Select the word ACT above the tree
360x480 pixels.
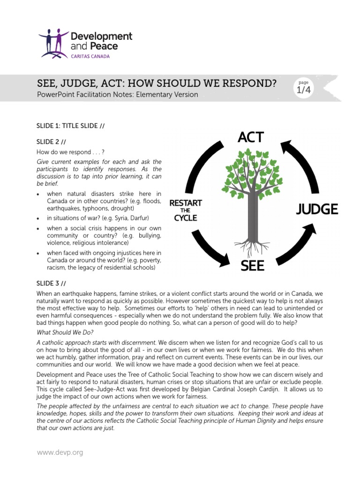point(250,137)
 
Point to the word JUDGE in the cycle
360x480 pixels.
point(316,209)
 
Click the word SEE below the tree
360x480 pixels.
point(252,266)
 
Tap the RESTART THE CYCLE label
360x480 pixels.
point(185,210)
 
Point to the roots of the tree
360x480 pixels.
point(251,246)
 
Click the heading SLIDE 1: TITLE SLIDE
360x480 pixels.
point(70,126)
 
